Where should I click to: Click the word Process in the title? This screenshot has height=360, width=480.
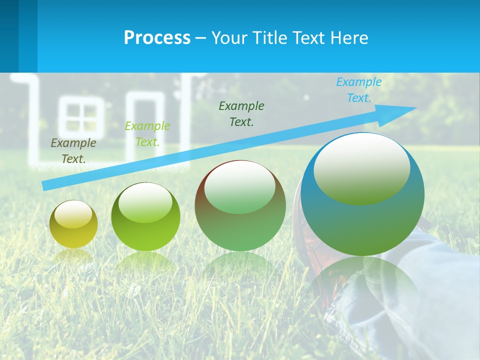coord(157,37)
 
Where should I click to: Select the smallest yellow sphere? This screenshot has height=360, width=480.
coord(73,224)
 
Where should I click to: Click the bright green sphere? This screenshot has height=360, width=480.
coord(145,217)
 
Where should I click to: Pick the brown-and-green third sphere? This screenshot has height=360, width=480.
coord(240,206)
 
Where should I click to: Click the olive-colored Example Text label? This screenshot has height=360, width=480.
coord(73,151)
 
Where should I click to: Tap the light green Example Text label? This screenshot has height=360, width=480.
coord(147,134)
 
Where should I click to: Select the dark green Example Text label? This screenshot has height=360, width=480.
coord(241,113)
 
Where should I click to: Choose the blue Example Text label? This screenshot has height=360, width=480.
coord(359,90)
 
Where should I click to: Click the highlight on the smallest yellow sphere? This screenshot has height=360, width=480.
coord(73,214)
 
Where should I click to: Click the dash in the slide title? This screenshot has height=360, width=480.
coord(201,38)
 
